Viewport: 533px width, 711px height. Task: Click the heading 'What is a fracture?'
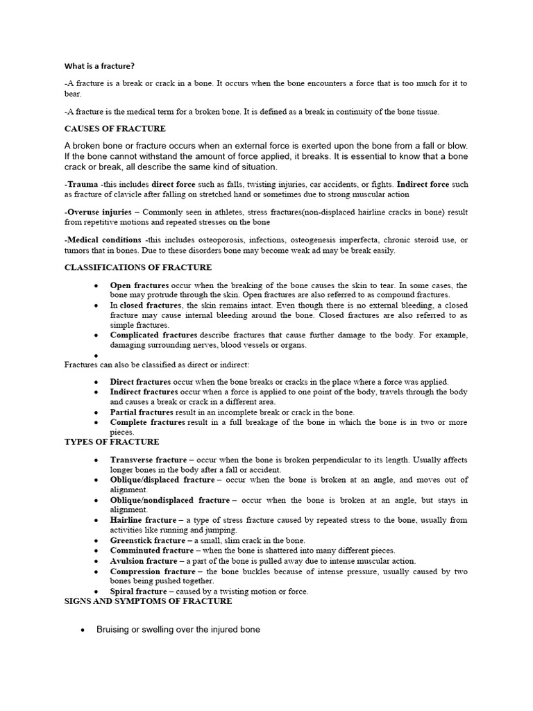[x=100, y=66]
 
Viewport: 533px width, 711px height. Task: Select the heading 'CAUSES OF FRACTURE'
[x=115, y=128]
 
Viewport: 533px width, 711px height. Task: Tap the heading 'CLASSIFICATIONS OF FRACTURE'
[x=138, y=267]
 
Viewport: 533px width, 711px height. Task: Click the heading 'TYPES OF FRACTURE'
[x=112, y=442]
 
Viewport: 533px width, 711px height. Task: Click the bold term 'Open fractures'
[x=139, y=285]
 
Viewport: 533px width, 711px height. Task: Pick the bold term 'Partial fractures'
[x=141, y=412]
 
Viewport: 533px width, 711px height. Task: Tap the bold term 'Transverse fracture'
[x=148, y=460]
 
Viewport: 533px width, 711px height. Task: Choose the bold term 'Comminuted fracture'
[x=148, y=551]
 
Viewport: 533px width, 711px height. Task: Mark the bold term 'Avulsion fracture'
[x=144, y=561]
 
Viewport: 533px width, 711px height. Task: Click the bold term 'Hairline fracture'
[x=143, y=519]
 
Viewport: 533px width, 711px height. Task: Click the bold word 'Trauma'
[x=83, y=185]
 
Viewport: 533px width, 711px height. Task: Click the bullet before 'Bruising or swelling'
[x=83, y=630]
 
